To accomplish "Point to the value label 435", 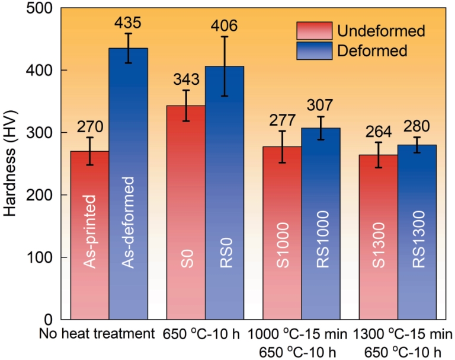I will [x=128, y=23].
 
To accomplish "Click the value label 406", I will [x=224, y=26].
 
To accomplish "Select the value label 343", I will [x=186, y=79].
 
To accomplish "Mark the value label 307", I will [x=321, y=106].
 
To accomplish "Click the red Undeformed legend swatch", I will [x=313, y=30].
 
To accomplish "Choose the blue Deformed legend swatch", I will [x=313, y=50].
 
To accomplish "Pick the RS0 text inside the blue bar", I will [x=224, y=259].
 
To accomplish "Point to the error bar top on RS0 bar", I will [x=224, y=37].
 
